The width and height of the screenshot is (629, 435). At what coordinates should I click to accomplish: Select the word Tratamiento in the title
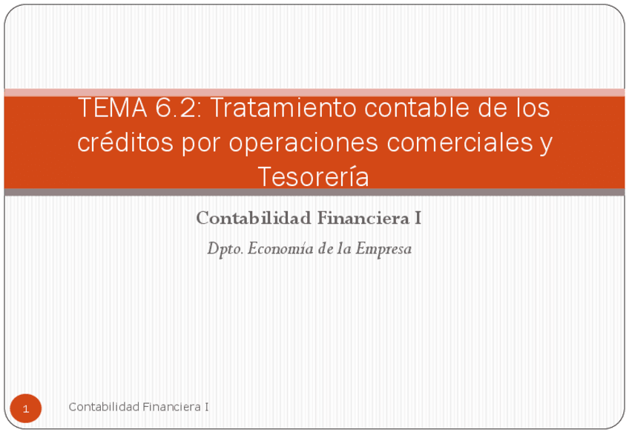point(277,109)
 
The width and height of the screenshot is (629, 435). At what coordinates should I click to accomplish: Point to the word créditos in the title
point(125,143)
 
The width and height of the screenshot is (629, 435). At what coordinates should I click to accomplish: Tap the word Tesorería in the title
point(313,176)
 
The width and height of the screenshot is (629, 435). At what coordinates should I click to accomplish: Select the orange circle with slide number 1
point(26,408)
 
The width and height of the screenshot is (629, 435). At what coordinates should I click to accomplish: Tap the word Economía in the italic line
point(277,249)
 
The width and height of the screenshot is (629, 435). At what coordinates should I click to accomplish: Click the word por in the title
point(200,143)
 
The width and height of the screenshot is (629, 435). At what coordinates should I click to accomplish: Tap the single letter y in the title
point(546,143)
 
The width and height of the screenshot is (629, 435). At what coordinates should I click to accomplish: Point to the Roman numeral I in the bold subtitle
point(419,219)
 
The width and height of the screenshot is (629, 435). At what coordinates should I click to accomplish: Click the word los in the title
point(532,109)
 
